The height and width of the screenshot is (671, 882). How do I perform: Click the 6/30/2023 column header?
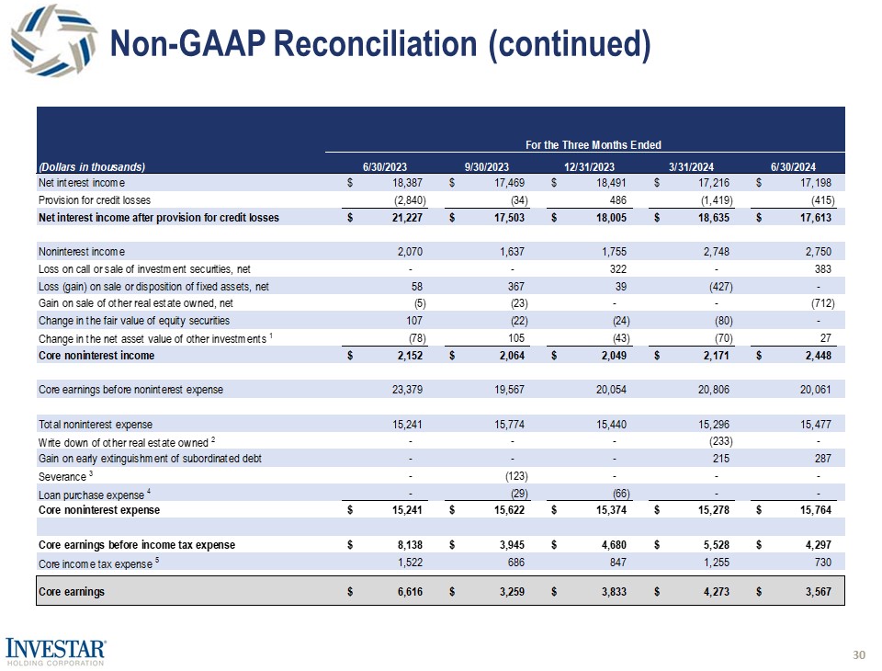point(384,166)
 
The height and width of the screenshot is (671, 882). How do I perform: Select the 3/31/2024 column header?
point(690,166)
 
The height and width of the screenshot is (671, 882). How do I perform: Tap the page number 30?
point(859,655)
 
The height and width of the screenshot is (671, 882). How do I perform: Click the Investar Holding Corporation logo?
point(56,652)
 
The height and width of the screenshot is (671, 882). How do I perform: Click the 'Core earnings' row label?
point(72,592)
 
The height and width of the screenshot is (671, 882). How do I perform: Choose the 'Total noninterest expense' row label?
point(95,425)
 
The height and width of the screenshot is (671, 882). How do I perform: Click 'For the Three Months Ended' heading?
point(593,144)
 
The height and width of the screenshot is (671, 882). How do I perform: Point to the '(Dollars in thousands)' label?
point(92,166)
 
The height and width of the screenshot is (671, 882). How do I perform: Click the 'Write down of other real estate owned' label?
point(123,441)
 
